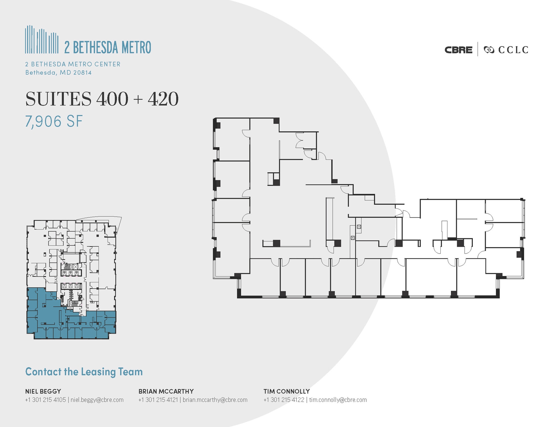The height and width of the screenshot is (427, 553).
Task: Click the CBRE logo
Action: pyautogui.click(x=458, y=50)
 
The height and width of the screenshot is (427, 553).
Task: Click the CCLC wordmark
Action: pyautogui.click(x=513, y=50)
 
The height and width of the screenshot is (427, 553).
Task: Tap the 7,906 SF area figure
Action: pyautogui.click(x=54, y=121)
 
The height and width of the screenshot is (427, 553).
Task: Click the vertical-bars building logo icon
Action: pyautogui.click(x=42, y=39)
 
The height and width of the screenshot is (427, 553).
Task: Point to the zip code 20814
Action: pyautogui.click(x=83, y=73)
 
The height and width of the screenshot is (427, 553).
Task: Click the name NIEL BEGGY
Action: pyautogui.click(x=43, y=391)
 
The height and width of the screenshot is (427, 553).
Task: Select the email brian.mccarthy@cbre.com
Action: pyautogui.click(x=215, y=400)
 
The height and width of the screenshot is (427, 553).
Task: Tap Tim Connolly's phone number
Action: pyautogui.click(x=284, y=400)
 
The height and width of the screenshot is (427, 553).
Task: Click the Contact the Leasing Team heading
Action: pyautogui.click(x=84, y=372)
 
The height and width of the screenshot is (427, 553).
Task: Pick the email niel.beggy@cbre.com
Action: pyautogui.click(x=97, y=400)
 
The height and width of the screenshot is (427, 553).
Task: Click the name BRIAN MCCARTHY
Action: pyautogui.click(x=166, y=391)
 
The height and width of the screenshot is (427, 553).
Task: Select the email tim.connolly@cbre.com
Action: pyautogui.click(x=338, y=400)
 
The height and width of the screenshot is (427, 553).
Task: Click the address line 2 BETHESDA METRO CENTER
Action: pyautogui.click(x=73, y=64)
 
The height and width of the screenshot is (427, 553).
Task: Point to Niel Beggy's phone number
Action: pyautogui.click(x=46, y=400)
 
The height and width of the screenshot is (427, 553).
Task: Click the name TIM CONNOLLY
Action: pyautogui.click(x=286, y=391)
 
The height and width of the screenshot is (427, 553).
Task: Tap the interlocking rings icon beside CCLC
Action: pyautogui.click(x=489, y=50)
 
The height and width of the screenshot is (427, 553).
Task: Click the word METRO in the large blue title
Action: pyautogui.click(x=136, y=47)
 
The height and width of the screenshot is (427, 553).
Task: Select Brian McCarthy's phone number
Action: pyautogui.click(x=159, y=400)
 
